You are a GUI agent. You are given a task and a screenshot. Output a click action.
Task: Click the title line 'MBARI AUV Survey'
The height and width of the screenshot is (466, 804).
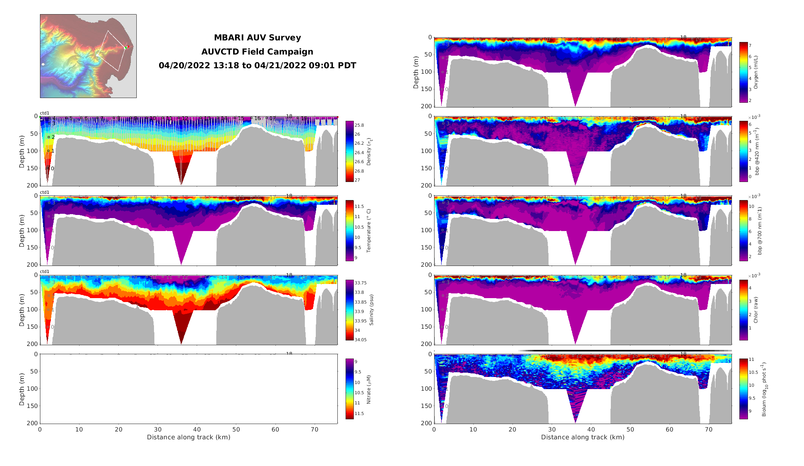pyautogui.click(x=257, y=38)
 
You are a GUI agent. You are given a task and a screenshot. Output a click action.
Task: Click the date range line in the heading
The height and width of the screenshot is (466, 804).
pyautogui.click(x=257, y=66)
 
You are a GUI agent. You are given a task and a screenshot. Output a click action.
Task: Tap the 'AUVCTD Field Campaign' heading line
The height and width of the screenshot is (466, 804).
pyautogui.click(x=257, y=52)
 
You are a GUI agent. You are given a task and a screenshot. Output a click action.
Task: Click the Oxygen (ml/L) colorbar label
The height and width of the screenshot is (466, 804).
pyautogui.click(x=756, y=72)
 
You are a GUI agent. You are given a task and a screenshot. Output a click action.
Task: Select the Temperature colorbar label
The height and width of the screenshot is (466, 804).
pyautogui.click(x=369, y=231)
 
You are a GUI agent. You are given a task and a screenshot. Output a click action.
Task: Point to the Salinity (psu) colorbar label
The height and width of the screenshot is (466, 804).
pyautogui.click(x=371, y=310)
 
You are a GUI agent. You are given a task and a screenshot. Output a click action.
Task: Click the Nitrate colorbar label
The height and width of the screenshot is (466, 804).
pyautogui.click(x=369, y=390)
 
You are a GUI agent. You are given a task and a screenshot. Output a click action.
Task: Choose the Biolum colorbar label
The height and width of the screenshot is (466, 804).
pyautogui.click(x=764, y=390)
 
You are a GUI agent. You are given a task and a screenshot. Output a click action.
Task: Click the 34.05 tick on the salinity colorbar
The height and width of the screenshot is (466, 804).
pyautogui.click(x=360, y=340)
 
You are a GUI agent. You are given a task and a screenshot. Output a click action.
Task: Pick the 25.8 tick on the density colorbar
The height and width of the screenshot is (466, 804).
pyautogui.click(x=359, y=126)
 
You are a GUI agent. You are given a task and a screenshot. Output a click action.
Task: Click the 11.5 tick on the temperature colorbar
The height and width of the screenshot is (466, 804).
pyautogui.click(x=359, y=206)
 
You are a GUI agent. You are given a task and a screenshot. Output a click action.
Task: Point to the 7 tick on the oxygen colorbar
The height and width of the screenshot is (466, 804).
pyautogui.click(x=750, y=46)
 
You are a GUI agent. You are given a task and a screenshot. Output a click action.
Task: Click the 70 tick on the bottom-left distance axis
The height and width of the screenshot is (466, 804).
pyautogui.click(x=314, y=430)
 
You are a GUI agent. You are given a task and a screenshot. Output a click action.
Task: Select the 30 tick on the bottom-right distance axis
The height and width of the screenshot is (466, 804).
pyautogui.click(x=552, y=430)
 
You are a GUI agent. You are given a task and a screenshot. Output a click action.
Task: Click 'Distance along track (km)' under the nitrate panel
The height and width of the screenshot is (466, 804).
pyautogui.click(x=188, y=437)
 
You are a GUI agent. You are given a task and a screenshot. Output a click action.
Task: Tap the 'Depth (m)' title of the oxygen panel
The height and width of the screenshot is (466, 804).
pyautogui.click(x=416, y=72)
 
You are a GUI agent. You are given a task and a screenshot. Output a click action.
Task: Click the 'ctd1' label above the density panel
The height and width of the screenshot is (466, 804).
pyautogui.click(x=45, y=113)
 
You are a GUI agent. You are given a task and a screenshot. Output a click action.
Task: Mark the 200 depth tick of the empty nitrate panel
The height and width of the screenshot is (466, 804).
pyautogui.click(x=33, y=423)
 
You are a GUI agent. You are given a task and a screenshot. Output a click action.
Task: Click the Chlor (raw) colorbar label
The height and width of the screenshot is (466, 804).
pyautogui.click(x=756, y=310)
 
